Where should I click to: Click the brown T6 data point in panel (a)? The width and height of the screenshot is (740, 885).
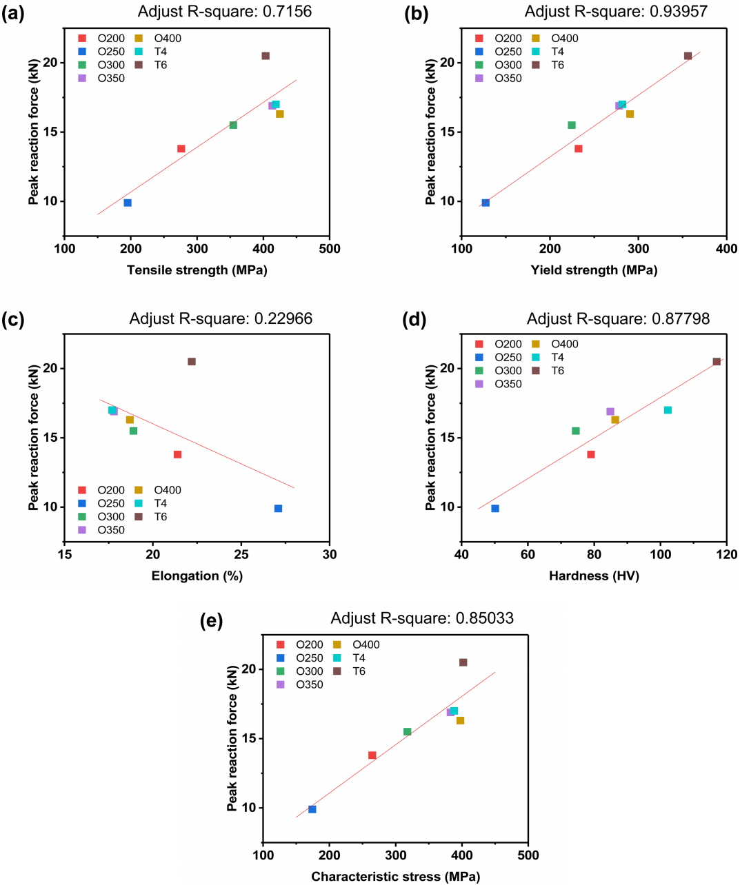266,56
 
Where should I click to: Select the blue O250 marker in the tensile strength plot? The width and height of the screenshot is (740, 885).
128,203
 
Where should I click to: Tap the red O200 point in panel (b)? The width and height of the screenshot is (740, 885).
579,149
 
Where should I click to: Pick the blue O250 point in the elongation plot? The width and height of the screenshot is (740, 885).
278,509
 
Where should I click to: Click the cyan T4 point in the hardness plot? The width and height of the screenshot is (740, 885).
668,410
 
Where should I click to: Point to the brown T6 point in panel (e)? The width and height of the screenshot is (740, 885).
463,662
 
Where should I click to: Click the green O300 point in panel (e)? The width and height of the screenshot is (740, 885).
407,732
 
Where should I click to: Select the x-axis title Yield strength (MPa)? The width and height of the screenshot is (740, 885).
594,270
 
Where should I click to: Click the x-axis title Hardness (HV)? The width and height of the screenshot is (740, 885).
594,576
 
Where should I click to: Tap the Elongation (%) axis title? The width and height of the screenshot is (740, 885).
197,576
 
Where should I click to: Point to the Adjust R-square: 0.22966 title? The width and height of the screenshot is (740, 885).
221,318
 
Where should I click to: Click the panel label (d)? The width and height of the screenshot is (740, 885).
414,319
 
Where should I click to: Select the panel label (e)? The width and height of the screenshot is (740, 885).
211,620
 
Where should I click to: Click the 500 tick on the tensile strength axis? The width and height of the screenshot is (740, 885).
330,249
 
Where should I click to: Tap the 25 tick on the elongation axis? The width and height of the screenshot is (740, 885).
241,555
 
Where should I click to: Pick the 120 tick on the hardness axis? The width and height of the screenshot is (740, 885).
727,555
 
